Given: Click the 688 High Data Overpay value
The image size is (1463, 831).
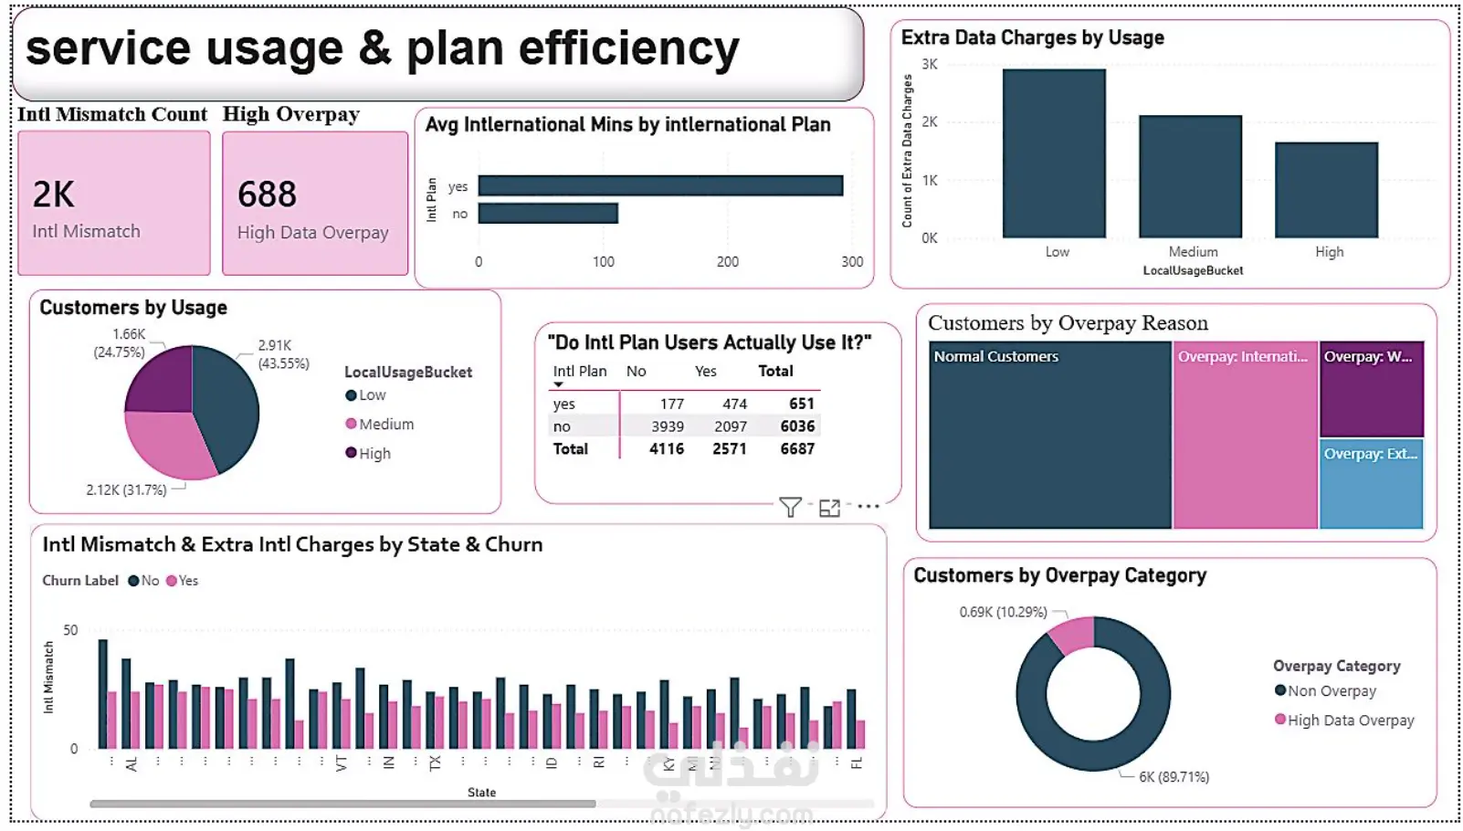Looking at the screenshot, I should click(x=267, y=195).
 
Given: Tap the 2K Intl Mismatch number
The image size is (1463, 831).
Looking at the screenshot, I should click(x=54, y=195).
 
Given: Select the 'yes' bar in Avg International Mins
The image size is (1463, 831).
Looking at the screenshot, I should click(x=659, y=185).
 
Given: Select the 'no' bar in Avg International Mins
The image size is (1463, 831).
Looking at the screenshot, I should click(x=548, y=214).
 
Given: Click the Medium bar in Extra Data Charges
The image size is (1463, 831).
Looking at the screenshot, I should click(x=1190, y=177).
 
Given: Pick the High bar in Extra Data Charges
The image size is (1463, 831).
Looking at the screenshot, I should click(x=1326, y=190).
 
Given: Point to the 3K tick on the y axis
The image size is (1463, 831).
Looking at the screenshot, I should click(x=930, y=64).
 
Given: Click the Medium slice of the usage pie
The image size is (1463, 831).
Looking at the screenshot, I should click(x=164, y=443).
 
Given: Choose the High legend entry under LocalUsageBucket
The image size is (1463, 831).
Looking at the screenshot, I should click(x=374, y=453).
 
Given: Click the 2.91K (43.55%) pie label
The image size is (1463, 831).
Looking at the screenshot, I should click(x=283, y=354).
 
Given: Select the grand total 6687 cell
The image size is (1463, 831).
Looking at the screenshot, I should click(x=797, y=448).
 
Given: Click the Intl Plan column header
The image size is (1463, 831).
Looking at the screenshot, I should click(x=579, y=371).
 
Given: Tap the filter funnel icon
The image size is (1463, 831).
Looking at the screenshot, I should click(x=790, y=508).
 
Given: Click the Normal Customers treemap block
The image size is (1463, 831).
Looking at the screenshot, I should click(x=1049, y=435).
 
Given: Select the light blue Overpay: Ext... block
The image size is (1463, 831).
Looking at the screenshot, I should click(x=1371, y=484).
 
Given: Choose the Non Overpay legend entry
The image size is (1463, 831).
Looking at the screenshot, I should click(x=1331, y=691).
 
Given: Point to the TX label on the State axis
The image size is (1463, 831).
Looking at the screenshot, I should click(x=435, y=763).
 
